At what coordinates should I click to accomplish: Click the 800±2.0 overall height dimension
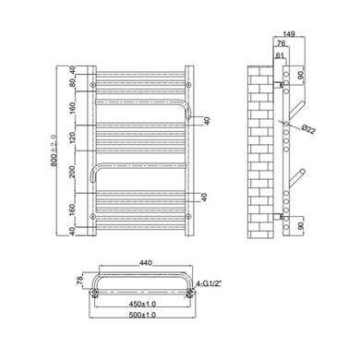click(x=54, y=150)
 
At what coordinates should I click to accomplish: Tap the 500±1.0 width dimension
click(x=142, y=315)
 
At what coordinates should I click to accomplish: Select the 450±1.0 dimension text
click(x=142, y=304)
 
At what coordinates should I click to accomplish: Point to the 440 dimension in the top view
click(x=146, y=263)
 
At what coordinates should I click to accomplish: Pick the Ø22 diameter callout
click(x=308, y=129)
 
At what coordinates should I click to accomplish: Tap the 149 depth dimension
click(x=289, y=34)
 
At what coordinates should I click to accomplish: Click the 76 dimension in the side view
click(x=281, y=43)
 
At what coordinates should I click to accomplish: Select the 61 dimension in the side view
click(x=280, y=55)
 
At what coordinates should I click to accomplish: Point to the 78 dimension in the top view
click(x=79, y=280)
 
